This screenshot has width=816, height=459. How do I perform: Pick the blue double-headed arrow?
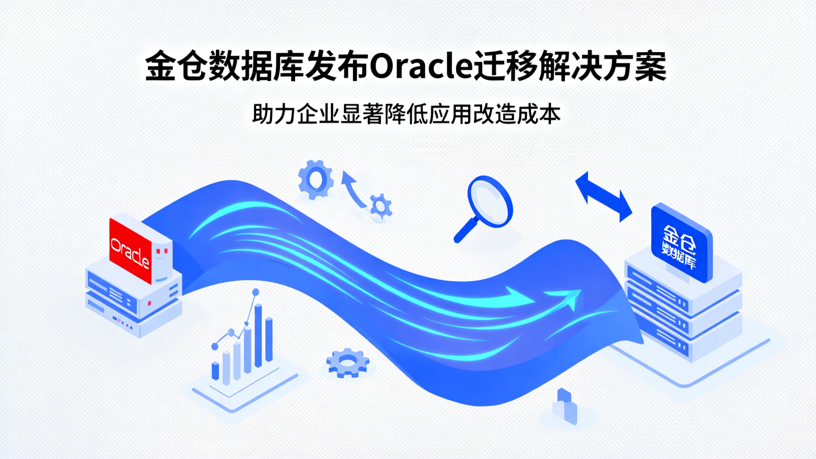coord(603,197)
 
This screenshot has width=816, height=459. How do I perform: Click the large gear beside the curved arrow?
coord(315,179)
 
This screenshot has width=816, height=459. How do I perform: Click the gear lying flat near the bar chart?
coord(347,363)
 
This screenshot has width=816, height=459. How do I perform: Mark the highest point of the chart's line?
coord(255,292)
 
